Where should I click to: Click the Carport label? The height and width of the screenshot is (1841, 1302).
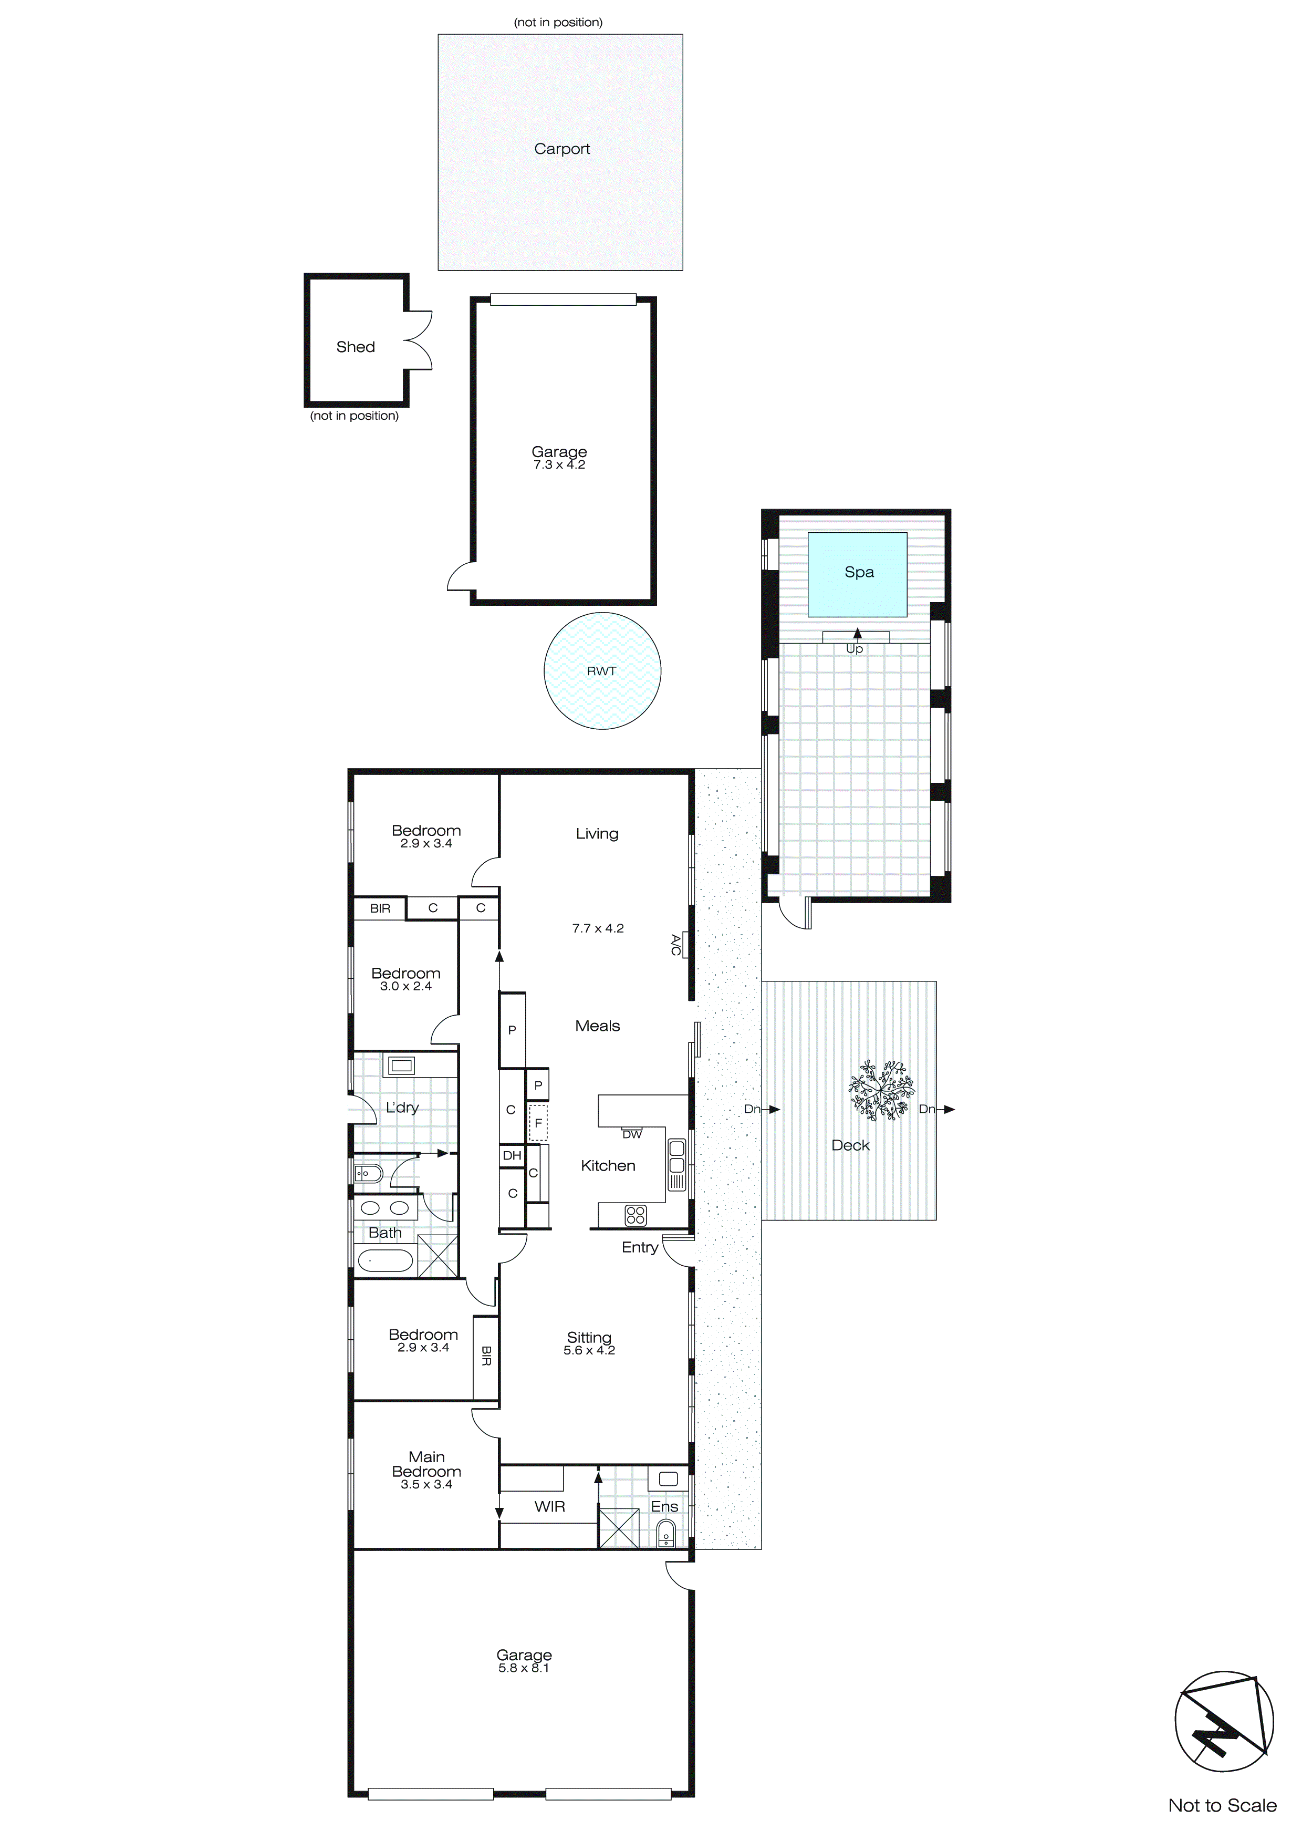[561, 149]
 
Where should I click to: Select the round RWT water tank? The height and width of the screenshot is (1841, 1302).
[602, 671]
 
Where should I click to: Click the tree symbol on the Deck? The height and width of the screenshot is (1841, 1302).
[882, 1089]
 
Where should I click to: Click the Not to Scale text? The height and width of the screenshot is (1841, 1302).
[1222, 1805]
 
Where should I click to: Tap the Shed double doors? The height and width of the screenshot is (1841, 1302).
[419, 340]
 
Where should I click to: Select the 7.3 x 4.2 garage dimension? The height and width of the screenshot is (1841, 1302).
[559, 465]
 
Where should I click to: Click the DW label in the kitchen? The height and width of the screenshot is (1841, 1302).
[632, 1134]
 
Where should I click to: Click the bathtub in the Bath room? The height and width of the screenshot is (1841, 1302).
[385, 1261]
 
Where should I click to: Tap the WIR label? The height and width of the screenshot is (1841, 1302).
[549, 1507]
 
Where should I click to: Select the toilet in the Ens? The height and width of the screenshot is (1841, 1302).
[665, 1535]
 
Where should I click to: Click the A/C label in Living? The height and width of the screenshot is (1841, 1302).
[676, 945]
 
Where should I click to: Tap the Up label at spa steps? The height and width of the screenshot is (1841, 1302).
[855, 649]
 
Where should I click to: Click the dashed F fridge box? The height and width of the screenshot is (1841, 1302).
[538, 1123]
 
